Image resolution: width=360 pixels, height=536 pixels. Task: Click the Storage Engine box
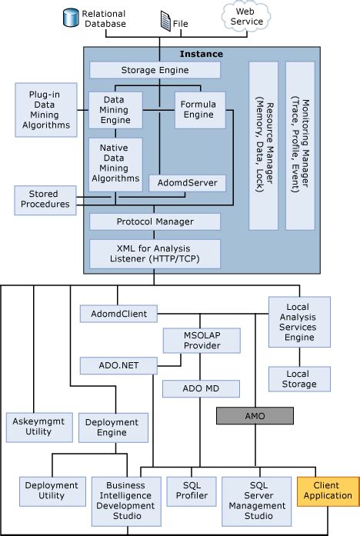click(x=155, y=70)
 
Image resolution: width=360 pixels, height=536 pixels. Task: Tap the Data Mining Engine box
click(x=115, y=110)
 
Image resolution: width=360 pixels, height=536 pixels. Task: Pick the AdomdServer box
click(x=188, y=183)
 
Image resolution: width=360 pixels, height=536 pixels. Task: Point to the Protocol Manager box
click(x=155, y=221)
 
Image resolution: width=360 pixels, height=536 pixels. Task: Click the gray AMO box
click(x=255, y=415)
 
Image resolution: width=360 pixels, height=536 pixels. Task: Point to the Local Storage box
click(x=297, y=377)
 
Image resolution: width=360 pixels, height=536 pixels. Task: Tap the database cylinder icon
click(x=73, y=14)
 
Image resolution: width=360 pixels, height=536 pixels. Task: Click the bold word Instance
click(x=201, y=54)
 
